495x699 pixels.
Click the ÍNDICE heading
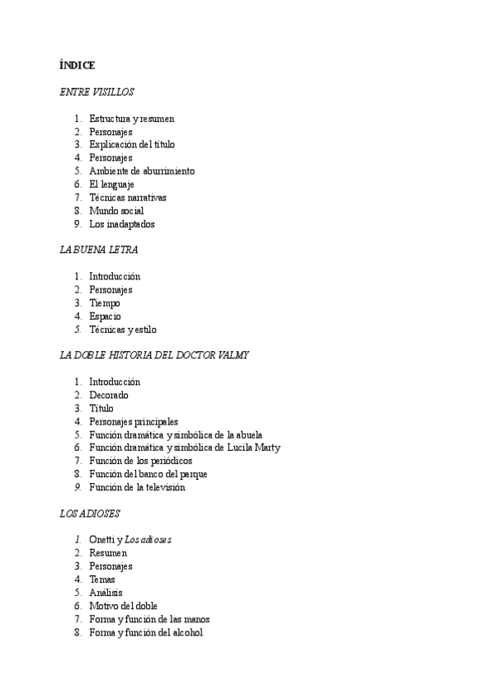78,65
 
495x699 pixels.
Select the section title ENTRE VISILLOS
97,92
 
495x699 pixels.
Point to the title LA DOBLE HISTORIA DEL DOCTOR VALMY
154,355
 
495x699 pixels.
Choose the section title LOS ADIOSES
90,514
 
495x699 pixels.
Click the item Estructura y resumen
132,119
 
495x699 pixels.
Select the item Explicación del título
132,145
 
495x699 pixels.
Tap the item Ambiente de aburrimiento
142,171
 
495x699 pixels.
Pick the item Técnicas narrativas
128,198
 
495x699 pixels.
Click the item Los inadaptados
122,224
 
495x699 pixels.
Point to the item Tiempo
105,303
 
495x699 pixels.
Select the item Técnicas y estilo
123,330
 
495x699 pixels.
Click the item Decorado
109,396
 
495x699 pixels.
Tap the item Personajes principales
134,422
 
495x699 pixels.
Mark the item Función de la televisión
137,488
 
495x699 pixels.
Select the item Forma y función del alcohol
146,633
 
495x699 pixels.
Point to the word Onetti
102,540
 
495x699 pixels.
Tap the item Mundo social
116,211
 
